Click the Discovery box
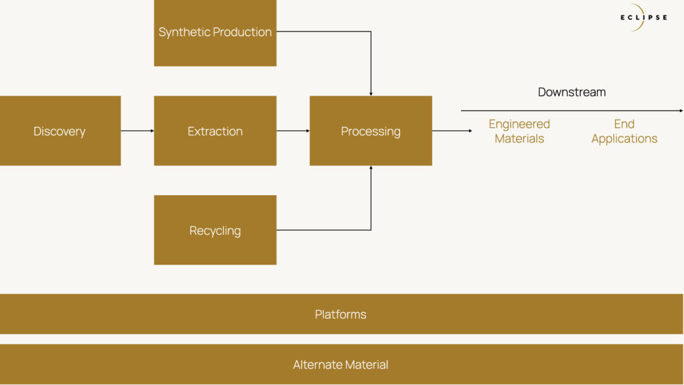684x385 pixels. click(60, 130)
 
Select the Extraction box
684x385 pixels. click(215, 130)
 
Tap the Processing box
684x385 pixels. click(371, 130)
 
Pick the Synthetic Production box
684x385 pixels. click(215, 33)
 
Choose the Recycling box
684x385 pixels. click(215, 230)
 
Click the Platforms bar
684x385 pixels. click(341, 314)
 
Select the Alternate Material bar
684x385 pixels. click(341, 364)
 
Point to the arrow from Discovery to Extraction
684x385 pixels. click(138, 130)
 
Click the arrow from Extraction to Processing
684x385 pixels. click(293, 130)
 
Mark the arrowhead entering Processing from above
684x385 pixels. click(371, 94)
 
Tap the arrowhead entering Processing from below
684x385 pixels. click(371, 168)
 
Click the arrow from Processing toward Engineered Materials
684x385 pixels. click(452, 130)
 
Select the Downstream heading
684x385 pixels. click(572, 92)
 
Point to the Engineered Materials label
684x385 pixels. click(519, 131)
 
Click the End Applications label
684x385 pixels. click(625, 131)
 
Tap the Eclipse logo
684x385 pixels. click(644, 17)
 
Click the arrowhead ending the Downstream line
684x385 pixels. click(681, 111)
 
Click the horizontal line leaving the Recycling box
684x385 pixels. click(324, 230)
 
